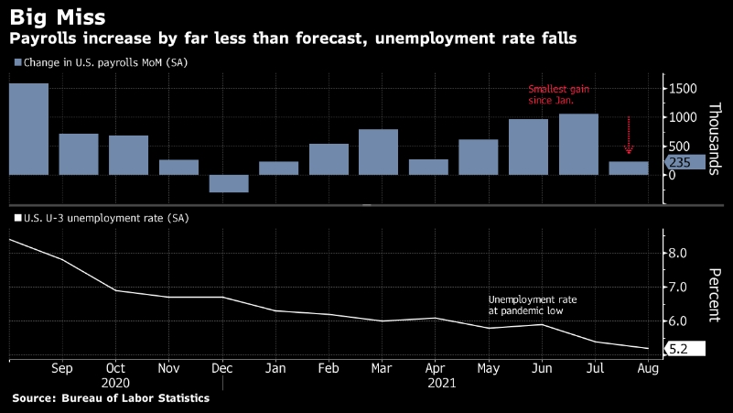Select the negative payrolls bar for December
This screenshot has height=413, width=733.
[x=229, y=183]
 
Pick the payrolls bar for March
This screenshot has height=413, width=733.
[x=378, y=152]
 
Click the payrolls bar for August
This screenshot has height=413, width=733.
[x=629, y=168]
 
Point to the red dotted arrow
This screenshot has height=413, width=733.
[x=629, y=136]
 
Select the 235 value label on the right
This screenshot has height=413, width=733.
[x=685, y=162]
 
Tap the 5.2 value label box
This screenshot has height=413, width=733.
[x=684, y=349]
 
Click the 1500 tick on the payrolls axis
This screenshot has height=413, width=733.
[x=684, y=88]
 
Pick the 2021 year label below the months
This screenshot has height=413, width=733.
[x=443, y=384]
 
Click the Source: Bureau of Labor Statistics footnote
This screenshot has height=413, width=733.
[x=111, y=398]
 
